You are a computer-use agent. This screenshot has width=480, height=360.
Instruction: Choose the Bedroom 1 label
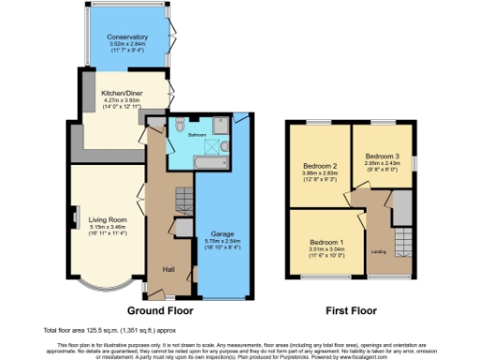327,242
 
